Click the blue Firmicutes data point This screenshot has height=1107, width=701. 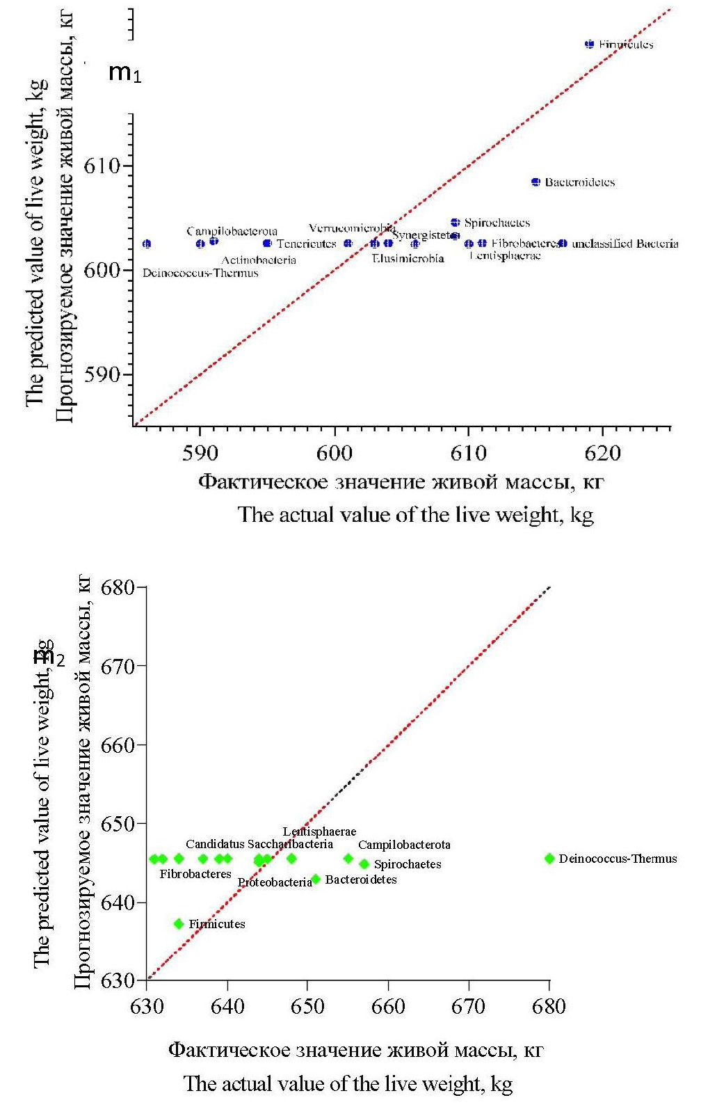coord(590,44)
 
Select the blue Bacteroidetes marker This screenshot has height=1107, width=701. coord(535,182)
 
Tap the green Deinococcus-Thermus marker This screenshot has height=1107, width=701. coord(549,859)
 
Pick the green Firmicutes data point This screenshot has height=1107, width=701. coord(179,924)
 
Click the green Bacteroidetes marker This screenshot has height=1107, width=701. coord(316,879)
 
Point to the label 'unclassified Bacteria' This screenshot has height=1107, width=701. coord(625,244)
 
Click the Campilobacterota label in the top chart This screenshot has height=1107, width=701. coord(232,231)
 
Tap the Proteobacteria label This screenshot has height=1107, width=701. coord(275,882)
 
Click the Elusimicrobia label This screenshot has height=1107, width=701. coord(408,259)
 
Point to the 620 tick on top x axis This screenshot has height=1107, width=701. coord(602,454)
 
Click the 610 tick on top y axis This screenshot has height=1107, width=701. coord(102,166)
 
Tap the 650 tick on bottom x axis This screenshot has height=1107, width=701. coord(307,1006)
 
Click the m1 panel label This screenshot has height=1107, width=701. coord(125,72)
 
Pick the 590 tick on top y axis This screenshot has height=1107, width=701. coord(102,375)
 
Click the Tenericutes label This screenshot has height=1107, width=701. coord(306,244)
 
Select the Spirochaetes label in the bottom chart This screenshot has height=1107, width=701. coord(408,864)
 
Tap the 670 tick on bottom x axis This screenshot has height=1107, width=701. coord(469,1006)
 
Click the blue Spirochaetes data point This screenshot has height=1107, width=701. coord(456,223)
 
